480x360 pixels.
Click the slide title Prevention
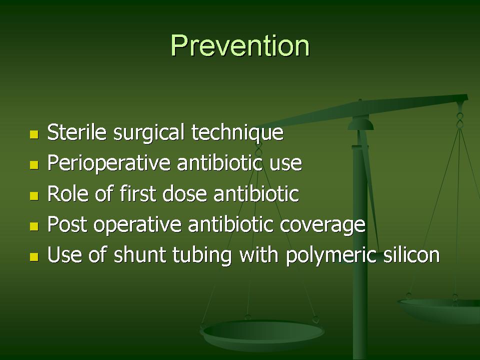coord(240,45)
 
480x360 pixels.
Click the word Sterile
coord(77,131)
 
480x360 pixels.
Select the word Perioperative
coord(108,163)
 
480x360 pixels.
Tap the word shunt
coord(140,254)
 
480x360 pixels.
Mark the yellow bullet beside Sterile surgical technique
coord(34,134)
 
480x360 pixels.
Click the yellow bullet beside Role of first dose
coord(34,196)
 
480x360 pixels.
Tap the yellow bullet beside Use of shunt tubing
coord(34,257)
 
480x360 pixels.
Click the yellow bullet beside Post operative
coord(34,226)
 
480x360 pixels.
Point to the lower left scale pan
coord(262,335)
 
